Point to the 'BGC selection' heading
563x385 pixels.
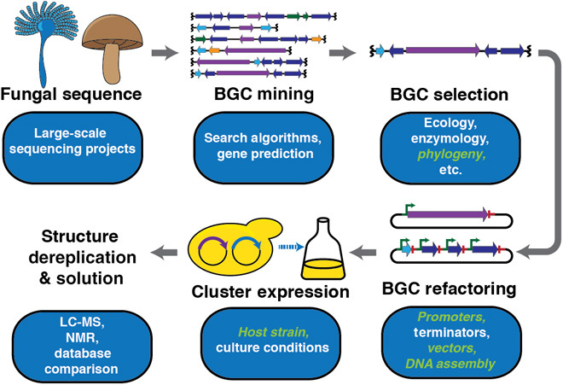(x=450, y=92)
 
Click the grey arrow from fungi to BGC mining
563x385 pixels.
(x=162, y=53)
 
